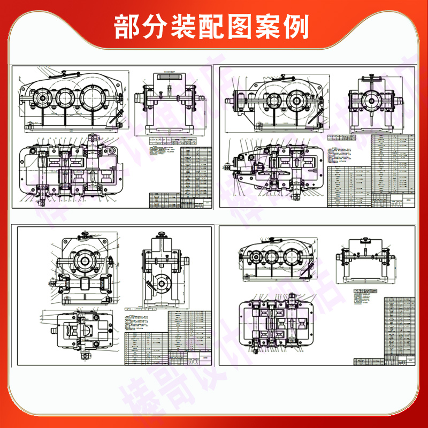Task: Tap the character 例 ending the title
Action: pos(297,26)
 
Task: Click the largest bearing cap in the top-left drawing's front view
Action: pos(94,98)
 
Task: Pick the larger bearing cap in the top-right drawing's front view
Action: pos(296,100)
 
